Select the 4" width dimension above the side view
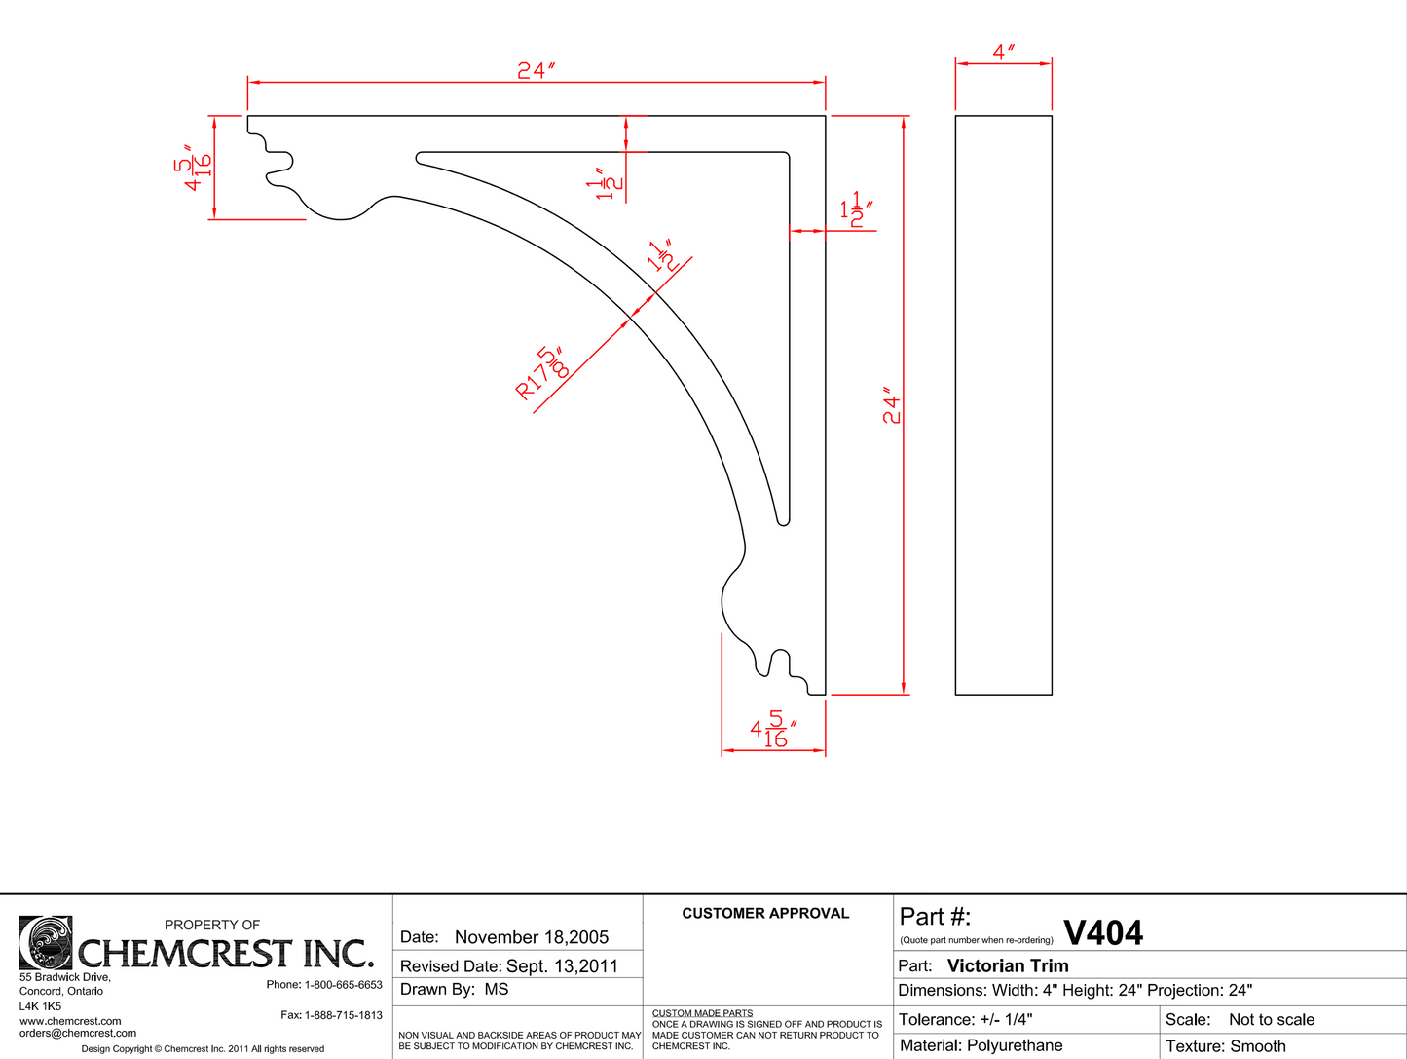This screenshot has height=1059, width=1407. tap(1004, 52)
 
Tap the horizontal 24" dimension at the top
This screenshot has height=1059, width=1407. tap(536, 70)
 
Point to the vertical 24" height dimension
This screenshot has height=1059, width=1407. tap(892, 408)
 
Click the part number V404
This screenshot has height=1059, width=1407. tap(1103, 933)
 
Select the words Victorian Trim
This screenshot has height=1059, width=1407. tap(1008, 965)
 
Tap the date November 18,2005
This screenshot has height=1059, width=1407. tap(532, 937)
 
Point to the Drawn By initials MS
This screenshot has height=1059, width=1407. tap(497, 989)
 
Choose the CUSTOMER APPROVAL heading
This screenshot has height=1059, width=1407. tap(765, 913)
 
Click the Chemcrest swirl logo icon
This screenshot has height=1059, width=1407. tap(45, 942)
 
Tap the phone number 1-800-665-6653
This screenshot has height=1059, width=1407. tap(343, 985)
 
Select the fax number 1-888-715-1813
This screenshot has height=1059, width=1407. tap(343, 1015)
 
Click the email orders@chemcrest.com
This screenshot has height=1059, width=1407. tap(78, 1033)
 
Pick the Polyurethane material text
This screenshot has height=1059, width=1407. tap(1015, 1045)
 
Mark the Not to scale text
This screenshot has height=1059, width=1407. tap(1271, 1019)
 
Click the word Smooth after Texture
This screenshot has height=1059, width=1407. tap(1258, 1046)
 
